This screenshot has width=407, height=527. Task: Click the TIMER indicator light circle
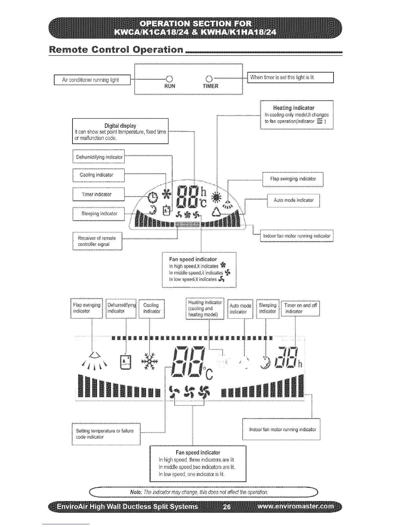pyautogui.click(x=209, y=79)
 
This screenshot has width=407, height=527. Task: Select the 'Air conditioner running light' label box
pyautogui.click(x=92, y=80)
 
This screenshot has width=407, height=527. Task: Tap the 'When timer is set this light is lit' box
pyautogui.click(x=291, y=78)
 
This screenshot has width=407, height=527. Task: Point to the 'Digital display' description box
pyautogui.click(x=120, y=131)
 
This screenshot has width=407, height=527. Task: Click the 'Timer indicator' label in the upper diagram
pyautogui.click(x=98, y=194)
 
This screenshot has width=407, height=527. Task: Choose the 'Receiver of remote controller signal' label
pyautogui.click(x=97, y=241)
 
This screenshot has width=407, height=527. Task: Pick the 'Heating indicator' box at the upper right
pyautogui.click(x=296, y=114)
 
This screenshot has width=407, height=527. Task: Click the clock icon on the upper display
pyautogui.click(x=153, y=198)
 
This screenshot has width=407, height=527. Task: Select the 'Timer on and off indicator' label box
pyautogui.click(x=300, y=308)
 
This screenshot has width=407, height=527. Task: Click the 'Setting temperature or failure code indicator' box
pyautogui.click(x=106, y=434)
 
